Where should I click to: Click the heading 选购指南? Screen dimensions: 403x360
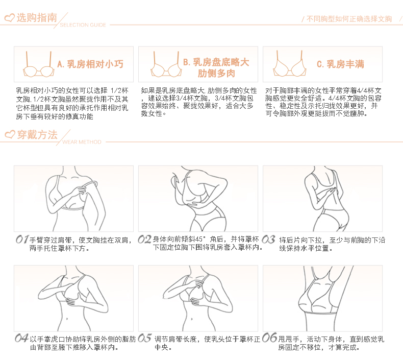point(37,17)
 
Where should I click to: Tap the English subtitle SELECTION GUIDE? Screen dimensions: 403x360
point(83,25)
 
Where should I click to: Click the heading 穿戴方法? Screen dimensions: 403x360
point(37,135)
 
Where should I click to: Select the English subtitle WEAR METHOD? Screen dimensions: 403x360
point(82,142)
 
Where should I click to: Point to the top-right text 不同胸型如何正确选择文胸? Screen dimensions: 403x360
point(349,19)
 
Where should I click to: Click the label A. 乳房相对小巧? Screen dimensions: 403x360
point(90,64)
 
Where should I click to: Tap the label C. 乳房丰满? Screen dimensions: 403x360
point(340,64)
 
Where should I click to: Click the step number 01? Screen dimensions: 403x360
point(21,239)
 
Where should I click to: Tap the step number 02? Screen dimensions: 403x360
point(145,239)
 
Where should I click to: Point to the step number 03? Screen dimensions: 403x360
point(268,239)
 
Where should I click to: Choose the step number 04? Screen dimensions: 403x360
point(21,338)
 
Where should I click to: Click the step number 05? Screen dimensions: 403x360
point(145,338)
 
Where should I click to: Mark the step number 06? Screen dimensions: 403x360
point(269,338)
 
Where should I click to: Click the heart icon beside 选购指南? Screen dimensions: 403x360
point(10,18)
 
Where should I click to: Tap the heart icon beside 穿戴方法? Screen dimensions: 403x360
point(10,135)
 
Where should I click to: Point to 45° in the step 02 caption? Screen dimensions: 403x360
point(200,239)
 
